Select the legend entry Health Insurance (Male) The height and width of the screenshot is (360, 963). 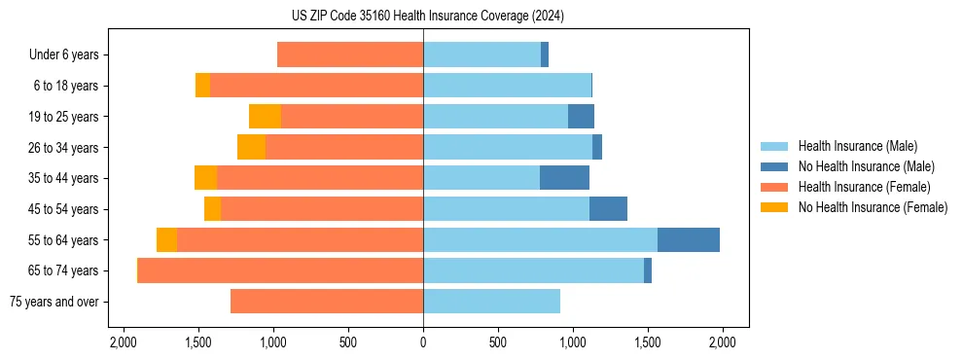pos(857,146)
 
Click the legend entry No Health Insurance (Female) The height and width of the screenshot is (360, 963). pos(873,207)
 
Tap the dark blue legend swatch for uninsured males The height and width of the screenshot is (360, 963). pos(773,166)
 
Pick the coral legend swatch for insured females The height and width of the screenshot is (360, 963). pos(773,187)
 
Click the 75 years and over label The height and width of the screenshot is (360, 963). pos(53,302)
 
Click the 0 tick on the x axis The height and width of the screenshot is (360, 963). pos(423,342)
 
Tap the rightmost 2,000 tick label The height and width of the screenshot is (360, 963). pos(722,342)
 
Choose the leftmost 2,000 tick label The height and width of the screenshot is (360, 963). pos(124,342)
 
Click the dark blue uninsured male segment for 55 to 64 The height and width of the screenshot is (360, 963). pos(689,239)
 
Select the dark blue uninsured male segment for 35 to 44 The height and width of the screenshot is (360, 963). pos(564,178)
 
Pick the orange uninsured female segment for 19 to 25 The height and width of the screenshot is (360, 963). pos(265,117)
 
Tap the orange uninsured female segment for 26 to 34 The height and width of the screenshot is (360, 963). pos(251,147)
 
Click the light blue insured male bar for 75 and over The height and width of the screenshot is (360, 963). pos(491,302)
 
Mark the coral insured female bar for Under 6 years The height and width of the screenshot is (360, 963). pos(350,55)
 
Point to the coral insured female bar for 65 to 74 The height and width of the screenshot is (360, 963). pos(280,270)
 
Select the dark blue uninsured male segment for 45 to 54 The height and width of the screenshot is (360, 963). pos(608,209)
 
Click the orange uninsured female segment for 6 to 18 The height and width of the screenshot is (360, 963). pos(202,86)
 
